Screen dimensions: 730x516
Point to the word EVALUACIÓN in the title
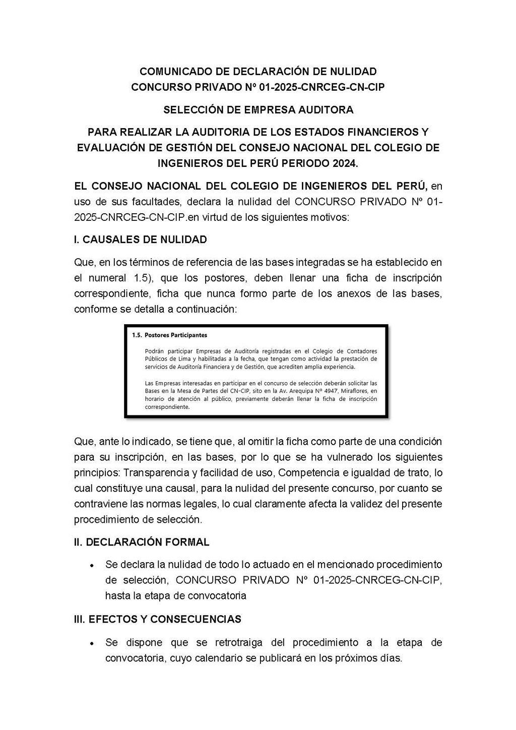[115, 148]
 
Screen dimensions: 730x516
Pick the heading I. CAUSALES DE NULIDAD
[141, 239]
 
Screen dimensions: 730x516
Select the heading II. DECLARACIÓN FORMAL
[142, 542]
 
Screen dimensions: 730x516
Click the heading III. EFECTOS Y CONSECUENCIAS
[157, 619]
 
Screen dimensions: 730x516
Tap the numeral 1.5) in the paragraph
[147, 278]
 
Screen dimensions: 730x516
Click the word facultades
[154, 202]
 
